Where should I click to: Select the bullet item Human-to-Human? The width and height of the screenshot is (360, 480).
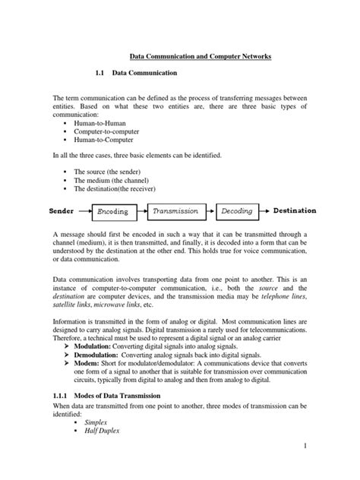tap(104, 122)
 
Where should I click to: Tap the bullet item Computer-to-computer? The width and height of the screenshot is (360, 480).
tap(109, 131)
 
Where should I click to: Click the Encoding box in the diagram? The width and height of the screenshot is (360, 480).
tap(113, 211)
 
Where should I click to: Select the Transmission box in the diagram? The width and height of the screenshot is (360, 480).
tap(175, 210)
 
